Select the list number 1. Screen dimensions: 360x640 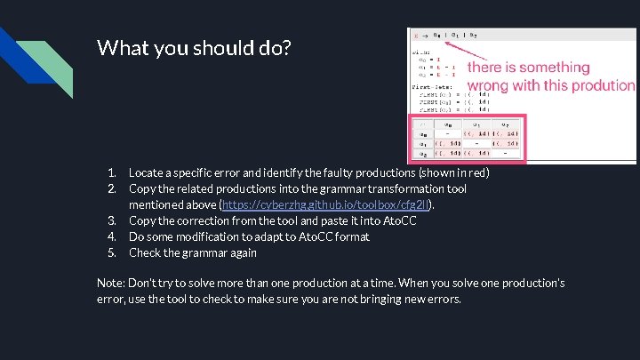click(x=112, y=172)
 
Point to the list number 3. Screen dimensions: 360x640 click(x=112, y=220)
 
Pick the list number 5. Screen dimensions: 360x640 click(x=112, y=252)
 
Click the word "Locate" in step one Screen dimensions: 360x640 click(x=147, y=172)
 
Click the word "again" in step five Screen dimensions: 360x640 click(x=242, y=252)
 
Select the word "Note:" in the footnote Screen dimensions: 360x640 click(x=111, y=284)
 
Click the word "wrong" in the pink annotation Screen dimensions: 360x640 click(x=488, y=86)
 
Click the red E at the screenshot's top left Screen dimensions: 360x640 click(x=413, y=35)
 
